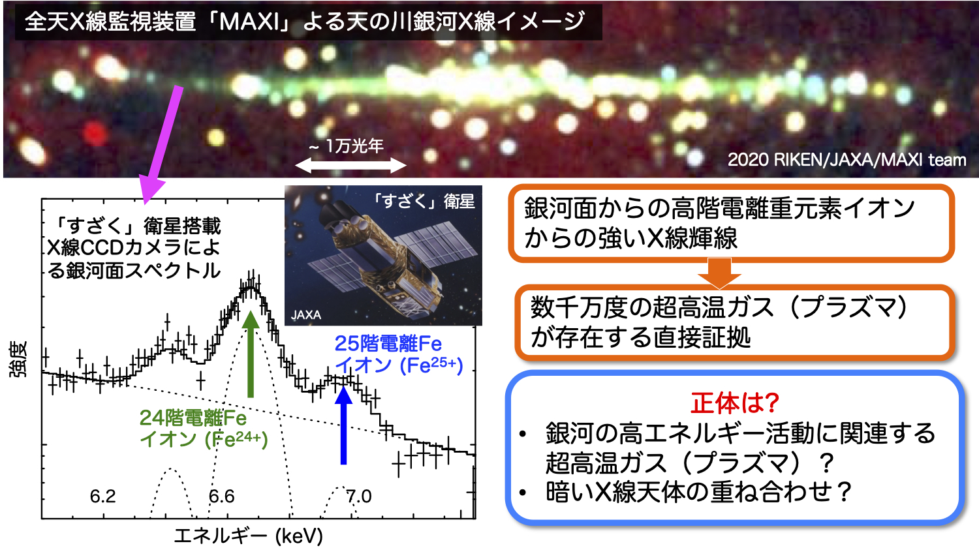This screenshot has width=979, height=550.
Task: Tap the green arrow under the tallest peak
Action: (251, 354)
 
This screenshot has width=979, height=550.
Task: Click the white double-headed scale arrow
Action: (351, 166)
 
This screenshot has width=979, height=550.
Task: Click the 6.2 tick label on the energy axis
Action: (102, 497)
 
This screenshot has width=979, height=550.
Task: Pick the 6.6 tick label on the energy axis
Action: (222, 497)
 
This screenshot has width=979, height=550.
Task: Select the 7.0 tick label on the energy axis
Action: (359, 497)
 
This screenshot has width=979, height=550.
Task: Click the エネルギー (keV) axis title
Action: (248, 536)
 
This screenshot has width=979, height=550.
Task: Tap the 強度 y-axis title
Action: (18, 359)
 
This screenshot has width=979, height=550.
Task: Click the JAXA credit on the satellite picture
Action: (306, 314)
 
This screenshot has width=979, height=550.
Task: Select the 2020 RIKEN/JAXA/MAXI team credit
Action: (847, 160)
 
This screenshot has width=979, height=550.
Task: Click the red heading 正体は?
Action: (735, 403)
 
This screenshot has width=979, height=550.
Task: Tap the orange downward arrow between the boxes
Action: (719, 273)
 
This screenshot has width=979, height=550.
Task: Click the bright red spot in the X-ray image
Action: (95, 134)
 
